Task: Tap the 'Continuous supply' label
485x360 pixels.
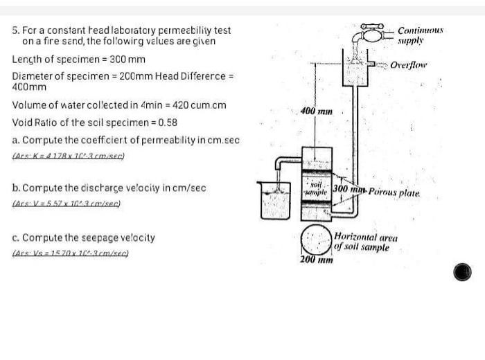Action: point(420,35)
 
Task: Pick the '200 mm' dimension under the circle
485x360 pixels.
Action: point(316,260)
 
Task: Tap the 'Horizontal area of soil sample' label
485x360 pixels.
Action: point(365,242)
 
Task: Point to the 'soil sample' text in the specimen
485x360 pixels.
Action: point(317,189)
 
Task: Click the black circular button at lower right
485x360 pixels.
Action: point(463,272)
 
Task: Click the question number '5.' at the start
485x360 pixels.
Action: point(16,30)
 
